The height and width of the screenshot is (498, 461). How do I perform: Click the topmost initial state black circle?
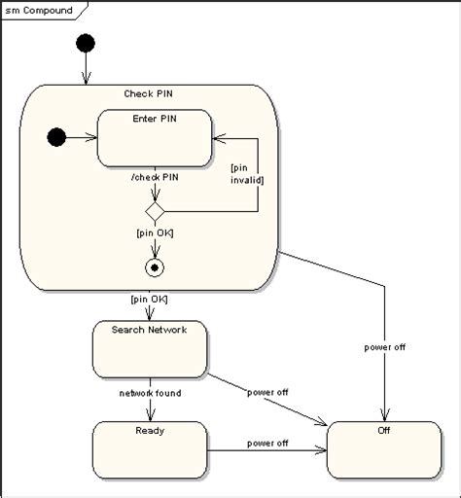87,44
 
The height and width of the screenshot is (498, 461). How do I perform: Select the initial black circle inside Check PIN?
56,138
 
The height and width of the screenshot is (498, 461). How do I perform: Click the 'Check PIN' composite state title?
148,93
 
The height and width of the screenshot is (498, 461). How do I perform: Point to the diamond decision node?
154,210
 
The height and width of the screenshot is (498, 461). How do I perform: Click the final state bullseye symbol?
154,266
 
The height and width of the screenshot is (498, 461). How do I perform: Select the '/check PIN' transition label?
154,176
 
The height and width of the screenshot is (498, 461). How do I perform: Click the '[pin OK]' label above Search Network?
148,299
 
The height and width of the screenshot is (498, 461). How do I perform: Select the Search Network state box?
149,348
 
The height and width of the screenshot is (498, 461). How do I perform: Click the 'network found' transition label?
149,393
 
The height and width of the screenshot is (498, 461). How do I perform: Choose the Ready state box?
149,448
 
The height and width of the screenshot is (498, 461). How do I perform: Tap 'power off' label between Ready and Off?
266,443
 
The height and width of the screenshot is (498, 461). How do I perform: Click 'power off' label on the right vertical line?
385,346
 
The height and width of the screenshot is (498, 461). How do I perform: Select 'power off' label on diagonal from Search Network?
266,393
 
